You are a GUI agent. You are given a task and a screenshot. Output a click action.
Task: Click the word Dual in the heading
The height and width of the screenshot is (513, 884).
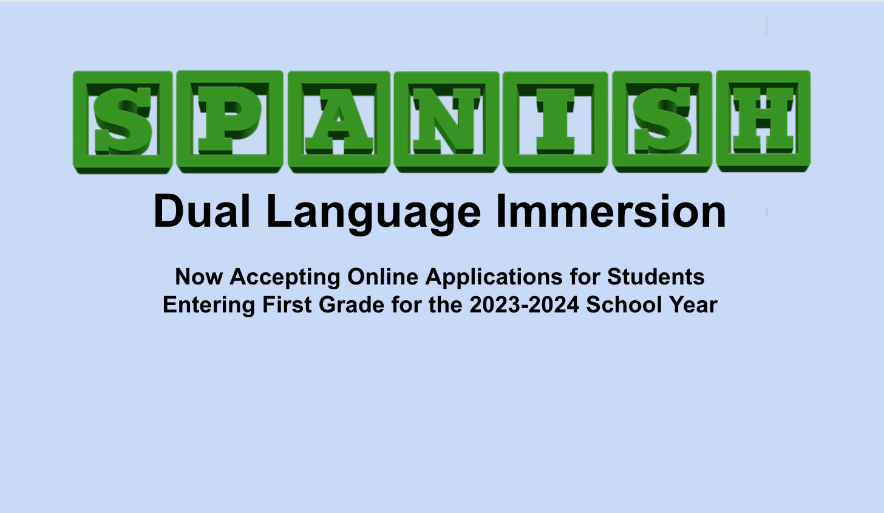[x=202, y=211]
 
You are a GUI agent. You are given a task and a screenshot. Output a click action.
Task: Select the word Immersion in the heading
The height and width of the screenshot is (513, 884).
[x=611, y=211]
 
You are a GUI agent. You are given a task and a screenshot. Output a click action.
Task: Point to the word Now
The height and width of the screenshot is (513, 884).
[x=199, y=277]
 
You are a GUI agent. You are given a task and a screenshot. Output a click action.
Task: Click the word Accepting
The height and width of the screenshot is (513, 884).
[x=285, y=278]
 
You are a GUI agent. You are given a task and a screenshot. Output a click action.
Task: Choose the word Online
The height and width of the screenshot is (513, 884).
[x=382, y=277]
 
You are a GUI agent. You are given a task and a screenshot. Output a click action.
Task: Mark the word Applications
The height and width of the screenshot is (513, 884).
[x=494, y=278]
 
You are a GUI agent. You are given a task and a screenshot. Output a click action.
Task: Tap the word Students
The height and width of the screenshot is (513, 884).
[x=656, y=277]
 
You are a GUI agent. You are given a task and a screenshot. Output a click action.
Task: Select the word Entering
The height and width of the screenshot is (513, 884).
[x=209, y=306]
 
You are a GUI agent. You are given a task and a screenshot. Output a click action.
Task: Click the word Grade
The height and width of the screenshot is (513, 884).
[x=352, y=305]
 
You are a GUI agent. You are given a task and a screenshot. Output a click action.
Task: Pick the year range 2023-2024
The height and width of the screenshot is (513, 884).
[x=525, y=305]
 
